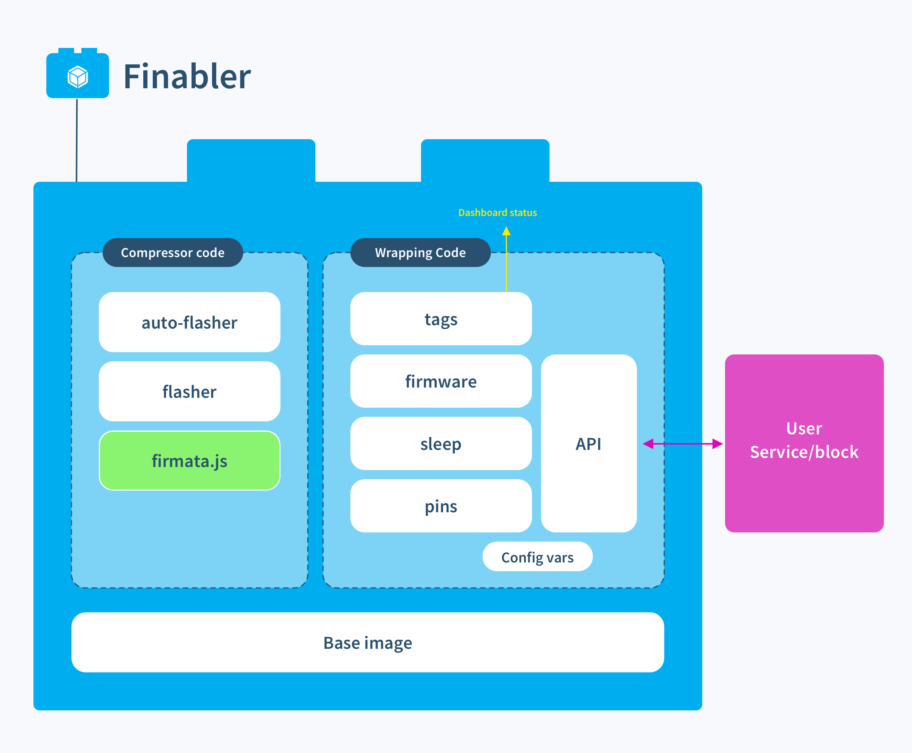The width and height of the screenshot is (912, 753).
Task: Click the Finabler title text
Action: [187, 77]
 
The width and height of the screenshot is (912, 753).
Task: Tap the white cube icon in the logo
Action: [78, 77]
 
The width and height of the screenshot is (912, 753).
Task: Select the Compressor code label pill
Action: [173, 253]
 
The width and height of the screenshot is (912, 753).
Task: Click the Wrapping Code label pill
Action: [420, 253]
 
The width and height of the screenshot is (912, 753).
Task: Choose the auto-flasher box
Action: [189, 322]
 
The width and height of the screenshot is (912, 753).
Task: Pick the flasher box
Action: [189, 391]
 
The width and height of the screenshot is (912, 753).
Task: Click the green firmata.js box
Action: [189, 461]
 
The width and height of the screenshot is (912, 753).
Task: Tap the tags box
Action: [441, 319]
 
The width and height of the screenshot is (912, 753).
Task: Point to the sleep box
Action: [441, 444]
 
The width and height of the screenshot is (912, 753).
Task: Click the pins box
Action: [441, 506]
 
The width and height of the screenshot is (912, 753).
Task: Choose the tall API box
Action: [589, 444]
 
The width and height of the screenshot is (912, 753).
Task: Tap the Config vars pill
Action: [537, 557]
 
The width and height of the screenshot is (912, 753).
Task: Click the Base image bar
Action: [367, 642]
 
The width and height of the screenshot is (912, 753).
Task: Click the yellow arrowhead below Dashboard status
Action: [506, 231]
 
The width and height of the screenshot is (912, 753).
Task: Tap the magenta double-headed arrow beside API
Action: [683, 444]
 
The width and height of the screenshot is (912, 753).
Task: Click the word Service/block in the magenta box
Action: [804, 452]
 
